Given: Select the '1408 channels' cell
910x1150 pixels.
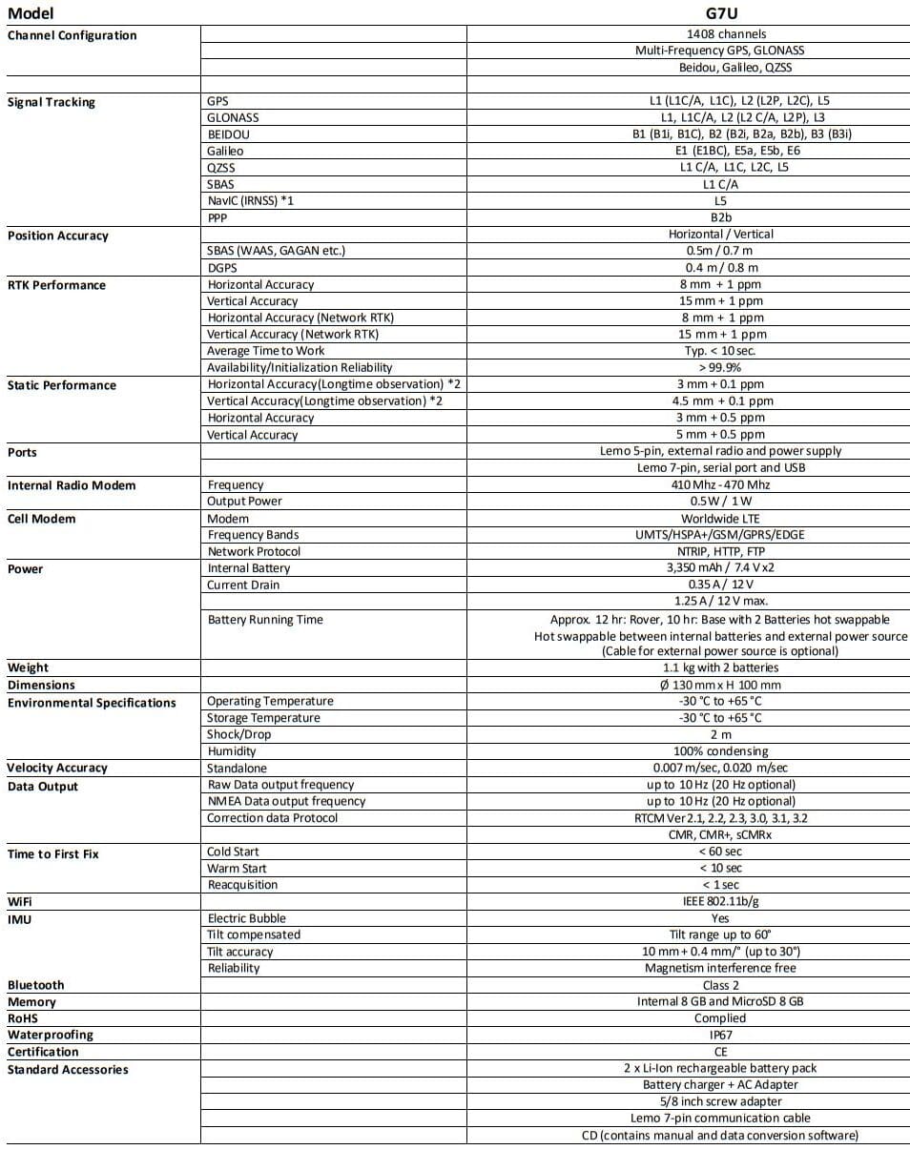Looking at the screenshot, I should [x=720, y=33].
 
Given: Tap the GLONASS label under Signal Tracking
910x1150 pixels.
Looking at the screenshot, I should [x=233, y=117].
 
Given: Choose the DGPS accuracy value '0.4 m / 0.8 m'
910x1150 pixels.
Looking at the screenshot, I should [x=722, y=268].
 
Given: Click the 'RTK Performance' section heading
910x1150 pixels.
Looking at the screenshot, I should [x=56, y=285].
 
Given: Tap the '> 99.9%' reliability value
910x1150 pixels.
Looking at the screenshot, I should [x=720, y=367].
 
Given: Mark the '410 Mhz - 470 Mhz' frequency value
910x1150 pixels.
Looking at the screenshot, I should [x=721, y=484].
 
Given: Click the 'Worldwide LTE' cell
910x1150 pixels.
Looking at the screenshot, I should [x=721, y=518].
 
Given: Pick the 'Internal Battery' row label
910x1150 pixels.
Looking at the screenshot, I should [x=249, y=568].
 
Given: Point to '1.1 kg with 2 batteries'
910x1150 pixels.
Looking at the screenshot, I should [x=720, y=667].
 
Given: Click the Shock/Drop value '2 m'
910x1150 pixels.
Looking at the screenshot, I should [x=721, y=734].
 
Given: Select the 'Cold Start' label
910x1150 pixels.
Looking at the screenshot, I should [x=233, y=852].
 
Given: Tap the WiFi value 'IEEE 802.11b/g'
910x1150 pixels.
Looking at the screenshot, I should [x=721, y=901].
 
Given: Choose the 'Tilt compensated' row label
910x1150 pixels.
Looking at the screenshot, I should [x=254, y=934].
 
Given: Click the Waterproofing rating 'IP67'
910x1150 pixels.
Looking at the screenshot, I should [x=721, y=1035].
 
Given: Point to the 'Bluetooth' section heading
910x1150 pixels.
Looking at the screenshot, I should [x=36, y=985].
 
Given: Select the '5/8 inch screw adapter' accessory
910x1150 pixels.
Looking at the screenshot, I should [x=721, y=1101].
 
